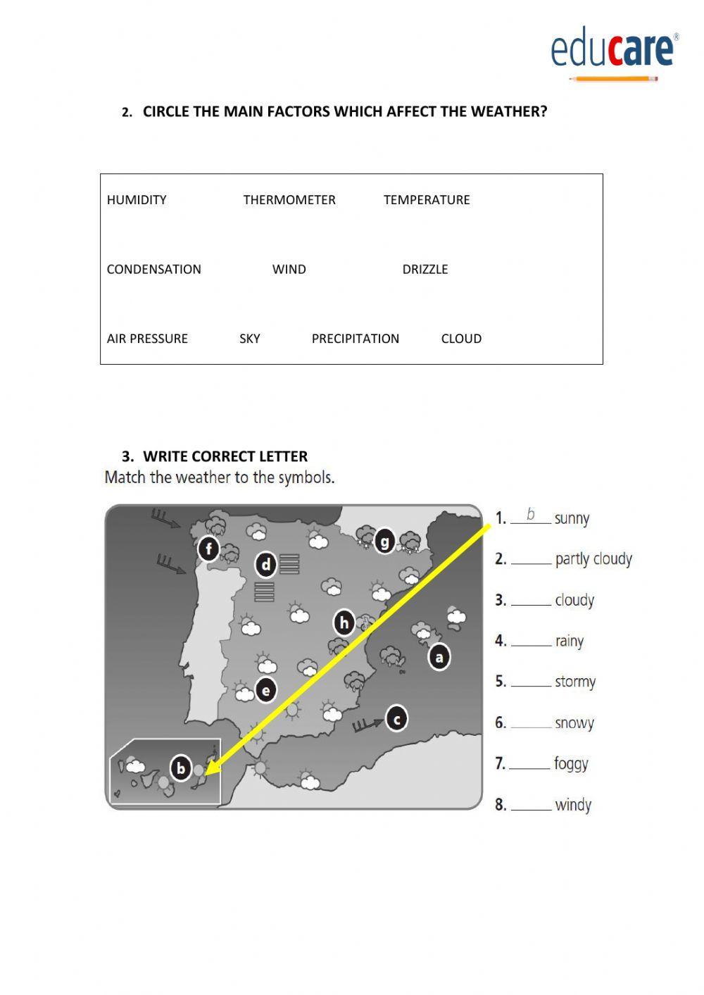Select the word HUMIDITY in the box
(137, 200)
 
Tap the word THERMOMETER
(289, 200)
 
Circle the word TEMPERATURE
(427, 200)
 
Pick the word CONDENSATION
(153, 270)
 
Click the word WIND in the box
(289, 270)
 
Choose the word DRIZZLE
(425, 270)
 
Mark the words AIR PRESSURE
(147, 339)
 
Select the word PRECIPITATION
(355, 339)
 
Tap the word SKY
(249, 339)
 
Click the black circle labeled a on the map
(439, 658)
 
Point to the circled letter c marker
(397, 719)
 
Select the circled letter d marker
(266, 564)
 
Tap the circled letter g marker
(384, 542)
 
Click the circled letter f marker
(208, 548)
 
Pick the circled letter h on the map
(344, 622)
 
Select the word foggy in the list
(571, 763)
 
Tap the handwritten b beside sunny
(530, 515)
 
